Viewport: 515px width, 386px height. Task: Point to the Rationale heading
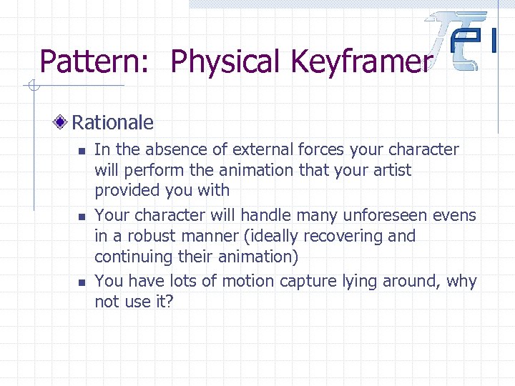(x=112, y=122)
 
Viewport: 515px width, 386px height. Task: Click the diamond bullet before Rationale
(x=62, y=123)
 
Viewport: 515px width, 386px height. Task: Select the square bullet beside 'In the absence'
(x=82, y=151)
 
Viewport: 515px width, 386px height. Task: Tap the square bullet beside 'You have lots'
(x=82, y=282)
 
